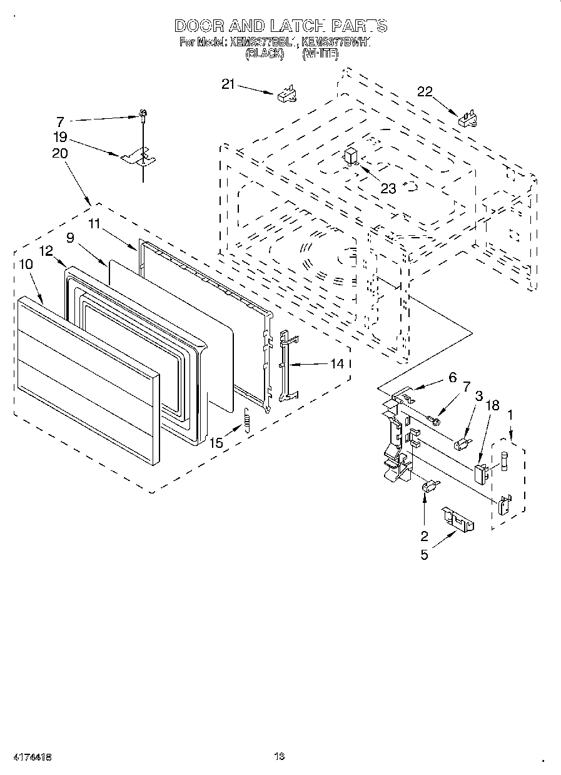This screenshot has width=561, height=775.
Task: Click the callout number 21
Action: coord(228,84)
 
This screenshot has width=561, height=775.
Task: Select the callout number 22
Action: coord(425,92)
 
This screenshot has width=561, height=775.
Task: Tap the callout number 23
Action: coord(388,188)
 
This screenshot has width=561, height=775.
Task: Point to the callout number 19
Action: coord(60,138)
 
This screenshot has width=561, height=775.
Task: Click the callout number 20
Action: coord(60,153)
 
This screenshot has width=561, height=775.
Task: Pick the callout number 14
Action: coord(337,363)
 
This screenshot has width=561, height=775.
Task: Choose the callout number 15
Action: coord(216,443)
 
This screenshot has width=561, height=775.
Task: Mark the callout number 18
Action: coord(492,406)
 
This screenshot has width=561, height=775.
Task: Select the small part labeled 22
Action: coord(467,119)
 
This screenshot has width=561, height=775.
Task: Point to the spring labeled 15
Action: coord(246,418)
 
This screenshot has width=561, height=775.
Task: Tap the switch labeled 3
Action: coord(462,445)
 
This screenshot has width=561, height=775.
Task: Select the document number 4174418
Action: coord(26,756)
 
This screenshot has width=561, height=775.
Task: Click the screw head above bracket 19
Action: coord(143,114)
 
